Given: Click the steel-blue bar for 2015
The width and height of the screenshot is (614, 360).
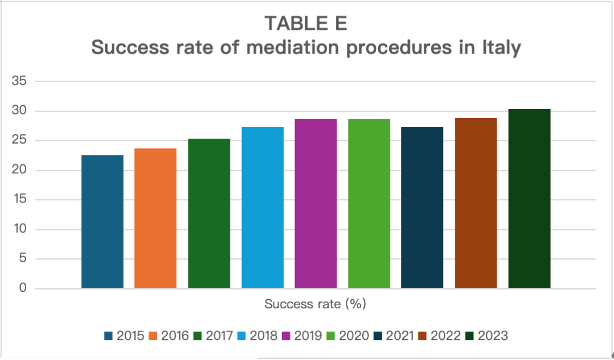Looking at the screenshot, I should click(x=102, y=221).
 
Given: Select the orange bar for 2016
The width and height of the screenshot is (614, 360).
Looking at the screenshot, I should click(x=156, y=218).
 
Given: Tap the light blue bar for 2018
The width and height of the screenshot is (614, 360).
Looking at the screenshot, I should click(x=263, y=207).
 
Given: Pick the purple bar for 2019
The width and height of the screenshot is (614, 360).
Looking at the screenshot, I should click(x=316, y=204).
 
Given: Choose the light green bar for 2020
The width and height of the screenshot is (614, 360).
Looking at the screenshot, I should click(x=369, y=204).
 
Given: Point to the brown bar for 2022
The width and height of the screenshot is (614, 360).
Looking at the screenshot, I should click(x=476, y=203).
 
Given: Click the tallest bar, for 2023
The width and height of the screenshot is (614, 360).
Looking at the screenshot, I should click(x=529, y=198).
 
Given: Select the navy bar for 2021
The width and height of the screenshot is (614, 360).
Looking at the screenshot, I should click(x=423, y=207).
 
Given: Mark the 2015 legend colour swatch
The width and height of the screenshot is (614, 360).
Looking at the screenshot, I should click(x=109, y=336).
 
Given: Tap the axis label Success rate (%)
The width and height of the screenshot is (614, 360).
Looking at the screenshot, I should click(x=316, y=302).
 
